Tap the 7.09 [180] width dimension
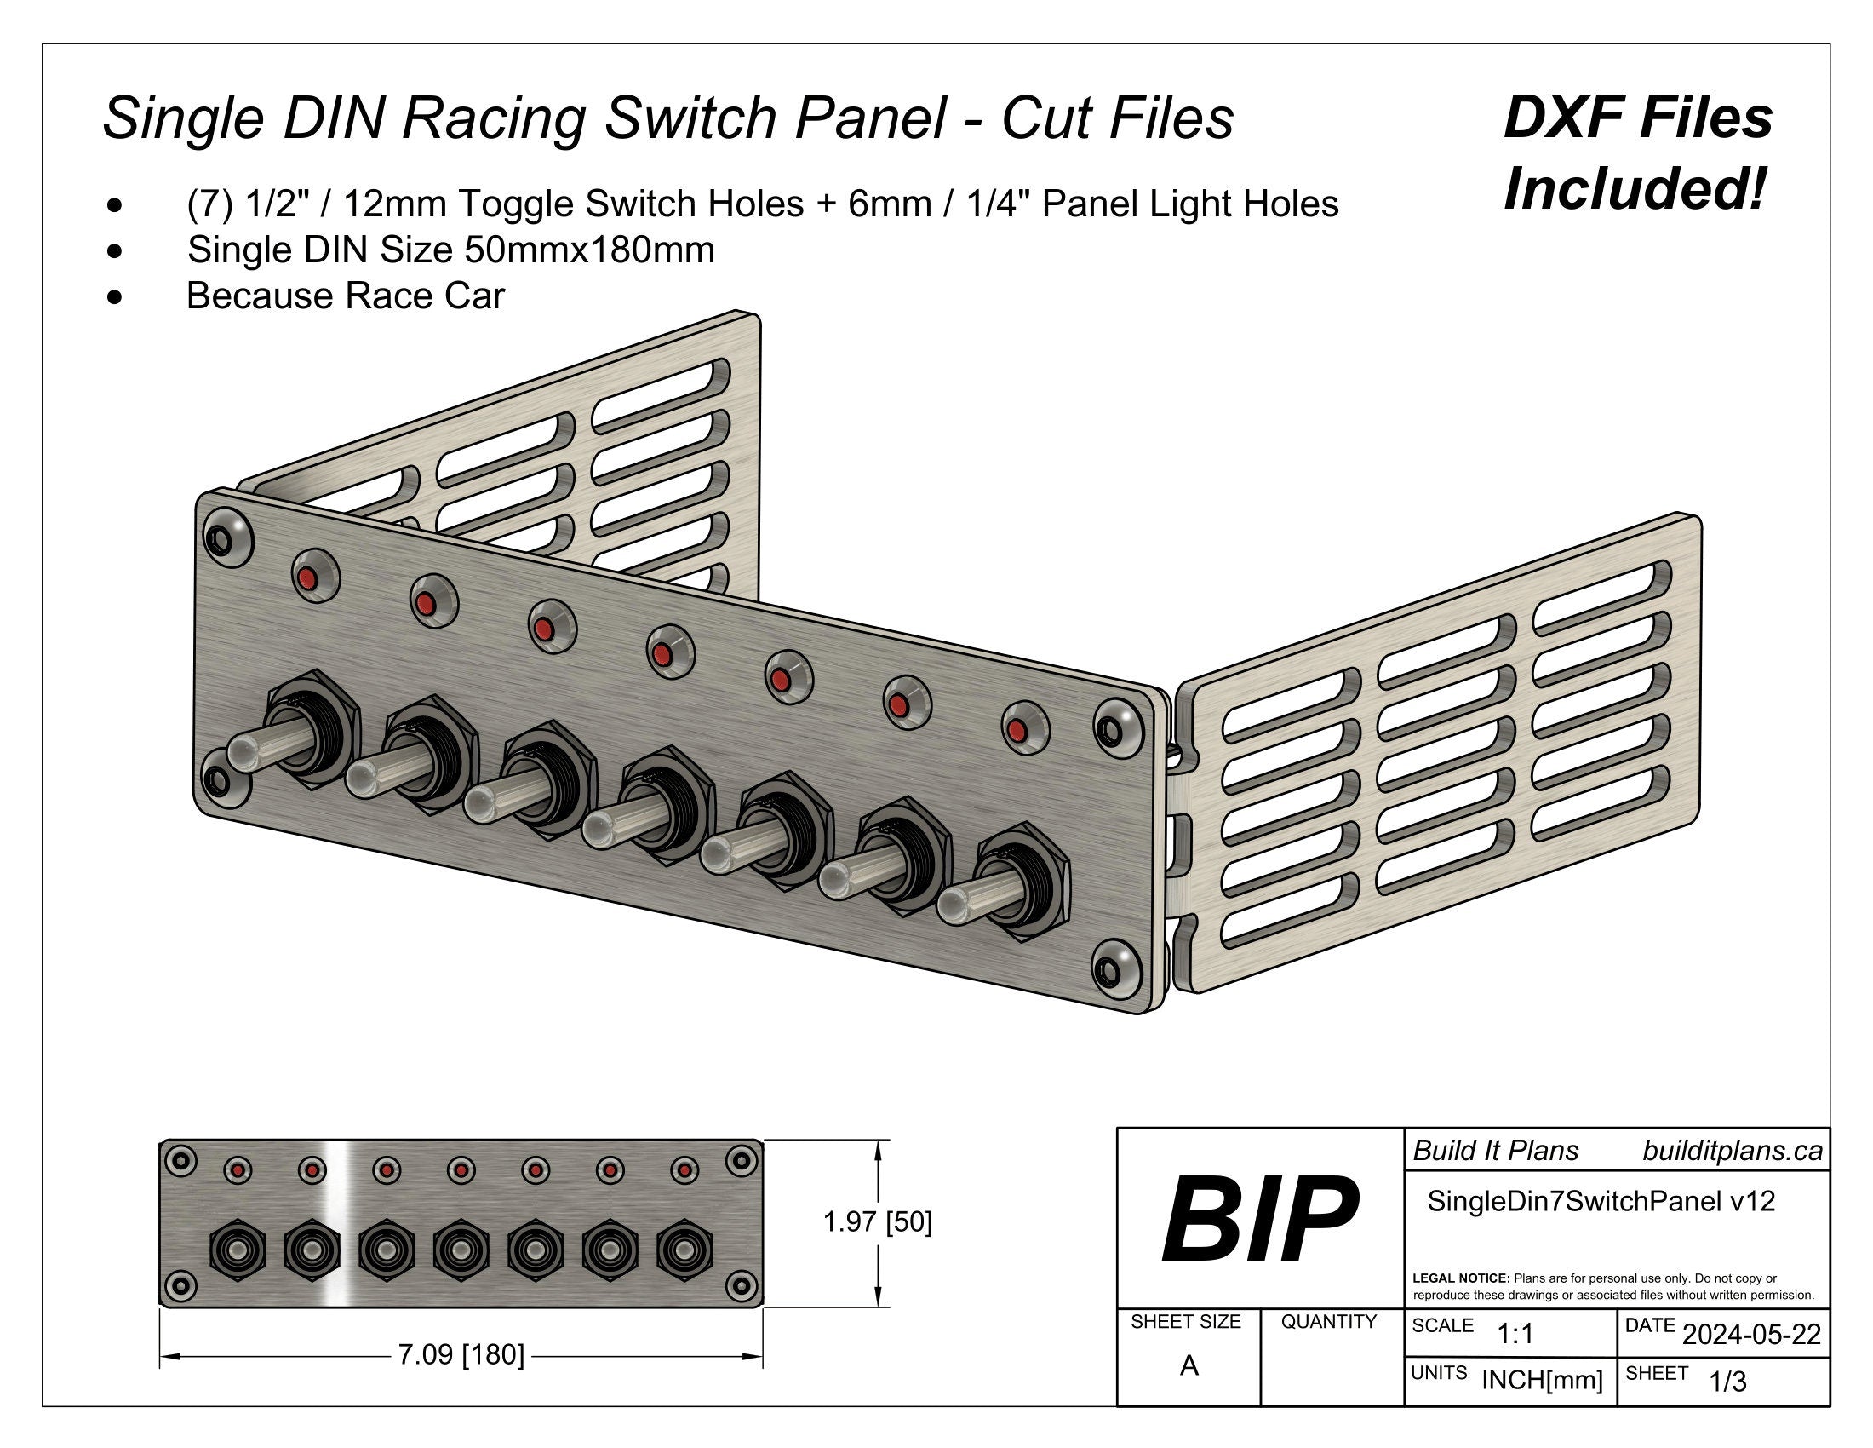coord(461,1355)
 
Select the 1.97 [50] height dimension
coord(876,1221)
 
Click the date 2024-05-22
coord(1751,1335)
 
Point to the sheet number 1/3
coord(1727,1382)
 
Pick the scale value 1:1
coord(1515,1334)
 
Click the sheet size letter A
coord(1189,1365)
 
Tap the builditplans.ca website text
coord(1732,1152)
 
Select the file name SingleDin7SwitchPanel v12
coord(1601,1201)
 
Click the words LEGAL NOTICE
coord(1460,1278)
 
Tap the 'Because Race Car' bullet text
coord(346,296)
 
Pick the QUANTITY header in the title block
coord(1328,1322)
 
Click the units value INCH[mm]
coord(1542,1380)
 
